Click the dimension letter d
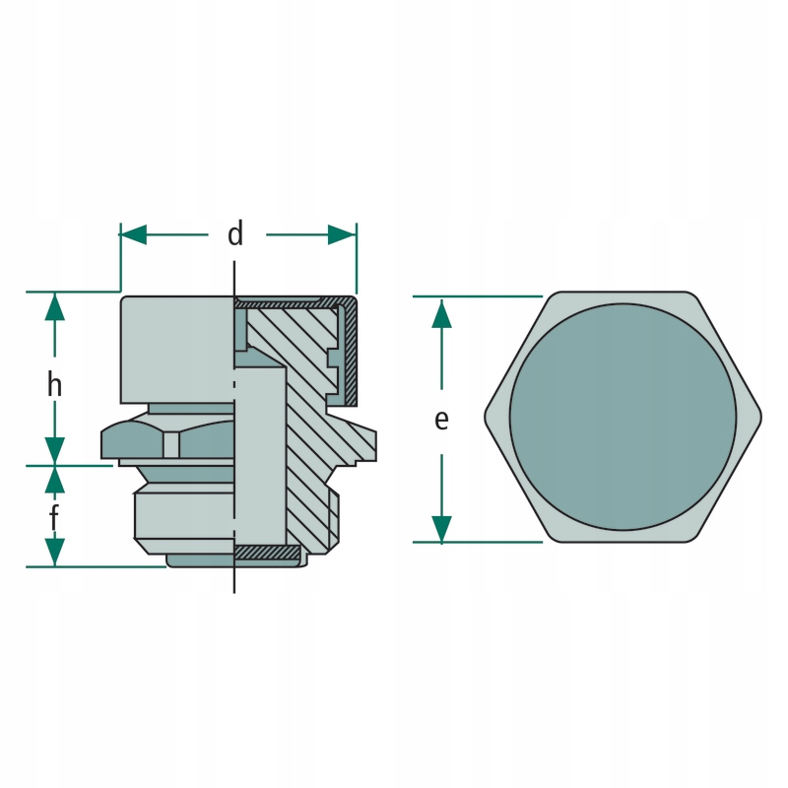coord(234,234)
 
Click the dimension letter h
coord(55,384)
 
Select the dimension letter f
coord(54,516)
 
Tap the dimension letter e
coord(441,420)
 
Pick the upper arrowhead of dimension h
coord(55,306)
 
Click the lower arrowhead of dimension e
coord(441,528)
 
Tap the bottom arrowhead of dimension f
coord(55,553)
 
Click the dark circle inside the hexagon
coord(623,417)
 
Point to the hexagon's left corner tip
coord(486,417)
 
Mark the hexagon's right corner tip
coord(760,417)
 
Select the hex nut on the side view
coord(167,442)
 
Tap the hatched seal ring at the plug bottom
coord(266,551)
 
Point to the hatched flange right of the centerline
coord(355,443)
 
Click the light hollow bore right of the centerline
coord(261,453)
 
